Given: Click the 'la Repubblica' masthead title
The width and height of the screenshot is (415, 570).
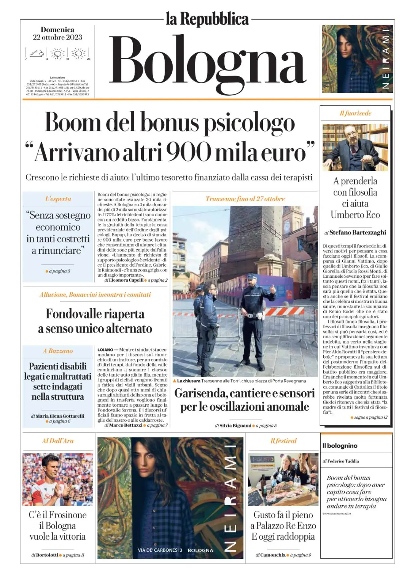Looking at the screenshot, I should click(207, 19).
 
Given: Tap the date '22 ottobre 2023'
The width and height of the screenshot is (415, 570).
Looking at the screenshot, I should click(57, 37).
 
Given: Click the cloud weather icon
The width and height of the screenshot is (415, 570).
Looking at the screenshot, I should click(37, 54).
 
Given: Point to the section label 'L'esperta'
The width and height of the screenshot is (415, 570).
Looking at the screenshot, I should click(58, 199).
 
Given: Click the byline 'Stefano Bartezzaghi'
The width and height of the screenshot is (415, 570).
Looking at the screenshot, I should click(358, 232).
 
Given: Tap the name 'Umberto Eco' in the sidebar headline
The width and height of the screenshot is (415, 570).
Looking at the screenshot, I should click(355, 215).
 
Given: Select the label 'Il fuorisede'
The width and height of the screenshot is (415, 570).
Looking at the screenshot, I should click(355, 113).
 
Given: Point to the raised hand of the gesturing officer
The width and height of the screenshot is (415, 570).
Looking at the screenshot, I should click(272, 289).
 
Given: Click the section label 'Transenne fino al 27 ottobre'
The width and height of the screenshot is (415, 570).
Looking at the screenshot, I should click(245, 199).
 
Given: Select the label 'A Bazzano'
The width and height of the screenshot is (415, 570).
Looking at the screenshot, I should click(58, 351).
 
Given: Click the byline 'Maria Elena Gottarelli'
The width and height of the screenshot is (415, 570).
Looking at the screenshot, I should click(60, 416).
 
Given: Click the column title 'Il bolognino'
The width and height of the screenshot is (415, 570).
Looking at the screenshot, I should click(340, 446).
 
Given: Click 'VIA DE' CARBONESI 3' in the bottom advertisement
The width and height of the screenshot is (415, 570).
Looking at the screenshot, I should click(160, 550).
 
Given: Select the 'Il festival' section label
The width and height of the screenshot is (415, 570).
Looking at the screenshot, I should click(283, 441).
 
